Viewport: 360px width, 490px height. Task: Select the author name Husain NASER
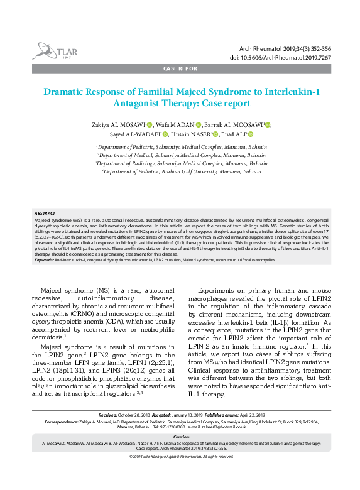[193, 134]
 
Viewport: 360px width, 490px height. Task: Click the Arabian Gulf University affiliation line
[182, 171]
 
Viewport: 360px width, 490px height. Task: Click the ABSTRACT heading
[45, 214]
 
